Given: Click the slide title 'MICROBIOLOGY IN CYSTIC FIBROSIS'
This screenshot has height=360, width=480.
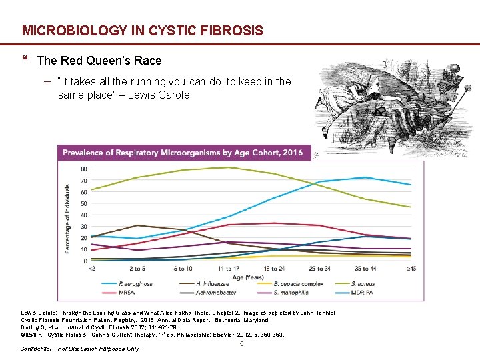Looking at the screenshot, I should [142, 31].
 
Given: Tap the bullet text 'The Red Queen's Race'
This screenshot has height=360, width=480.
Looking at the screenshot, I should [99, 61].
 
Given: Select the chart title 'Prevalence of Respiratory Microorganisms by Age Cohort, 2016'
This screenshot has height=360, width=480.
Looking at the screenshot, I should [182, 153].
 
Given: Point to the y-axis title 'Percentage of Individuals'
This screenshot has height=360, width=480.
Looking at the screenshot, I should [68, 218].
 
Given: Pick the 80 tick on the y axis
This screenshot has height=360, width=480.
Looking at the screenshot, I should [83, 169].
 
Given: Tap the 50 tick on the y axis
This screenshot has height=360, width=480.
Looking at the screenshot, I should [83, 204].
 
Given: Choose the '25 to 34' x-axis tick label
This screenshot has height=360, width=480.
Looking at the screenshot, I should [320, 268].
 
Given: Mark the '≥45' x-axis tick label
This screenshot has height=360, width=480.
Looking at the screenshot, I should [411, 268].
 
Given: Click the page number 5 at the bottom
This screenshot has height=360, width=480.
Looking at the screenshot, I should [241, 344].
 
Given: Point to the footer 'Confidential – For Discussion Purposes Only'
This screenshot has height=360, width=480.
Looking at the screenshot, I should [79, 349].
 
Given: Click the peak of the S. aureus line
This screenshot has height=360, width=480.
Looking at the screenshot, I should [229, 167].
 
